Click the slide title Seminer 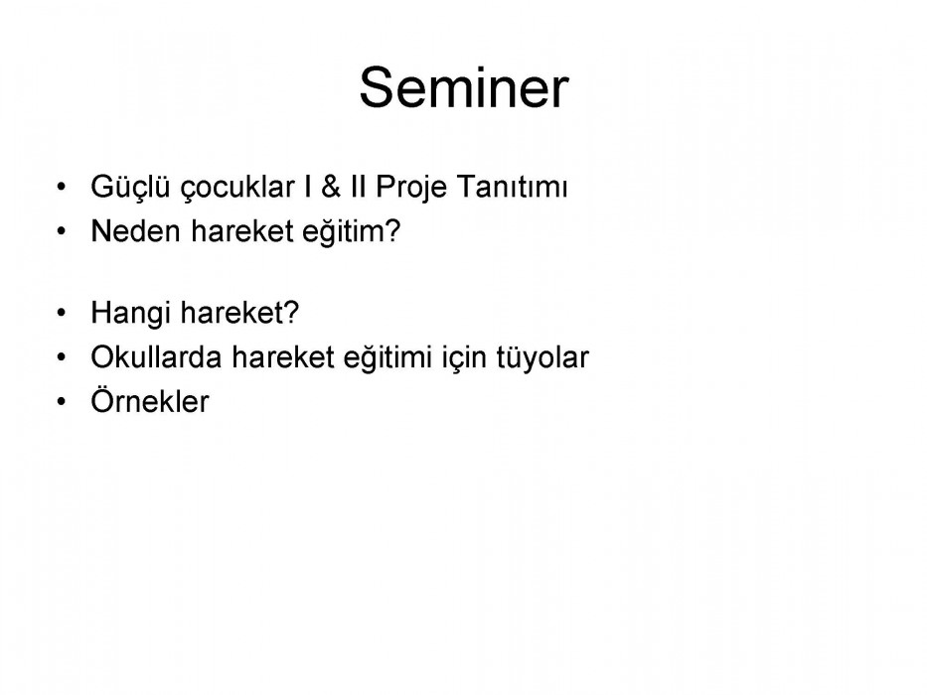click(x=464, y=87)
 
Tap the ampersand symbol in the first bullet click(x=331, y=187)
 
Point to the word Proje click(x=411, y=188)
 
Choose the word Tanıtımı click(x=512, y=187)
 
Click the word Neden click(x=135, y=230)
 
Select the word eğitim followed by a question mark click(x=351, y=231)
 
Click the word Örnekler click(x=150, y=401)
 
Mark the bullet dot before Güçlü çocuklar click(x=62, y=188)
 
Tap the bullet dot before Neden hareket click(x=62, y=231)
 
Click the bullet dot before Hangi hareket click(x=62, y=313)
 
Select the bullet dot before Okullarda click(x=62, y=357)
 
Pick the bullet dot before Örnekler click(x=62, y=401)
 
